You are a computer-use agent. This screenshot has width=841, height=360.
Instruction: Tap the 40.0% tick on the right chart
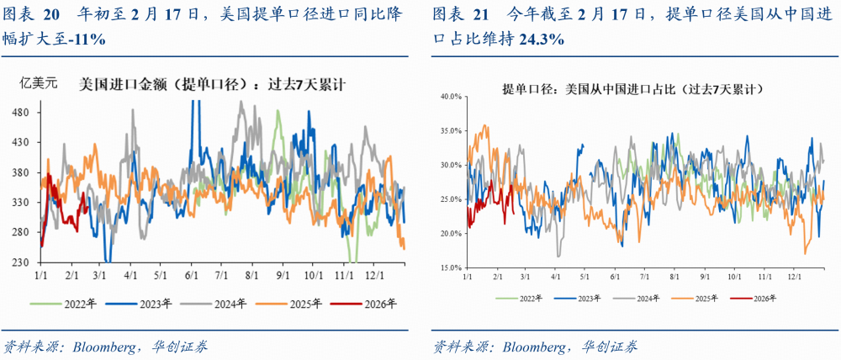click(x=450, y=97)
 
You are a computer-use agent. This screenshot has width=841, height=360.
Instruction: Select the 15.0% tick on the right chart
click(x=450, y=267)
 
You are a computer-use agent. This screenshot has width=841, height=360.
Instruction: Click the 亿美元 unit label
click(x=39, y=83)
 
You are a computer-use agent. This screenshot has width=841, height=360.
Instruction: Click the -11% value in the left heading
click(x=88, y=40)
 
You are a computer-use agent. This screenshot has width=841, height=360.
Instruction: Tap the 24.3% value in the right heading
click(x=542, y=40)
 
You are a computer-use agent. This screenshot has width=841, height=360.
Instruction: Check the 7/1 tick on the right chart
click(x=643, y=276)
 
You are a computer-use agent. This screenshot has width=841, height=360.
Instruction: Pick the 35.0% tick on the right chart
click(x=450, y=131)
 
